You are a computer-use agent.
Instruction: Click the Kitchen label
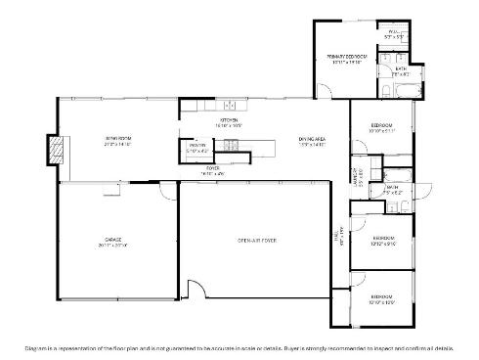pyautogui.click(x=230, y=119)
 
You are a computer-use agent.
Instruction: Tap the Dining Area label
pyautogui.click(x=312, y=140)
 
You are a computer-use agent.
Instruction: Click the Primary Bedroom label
pyautogui.click(x=346, y=58)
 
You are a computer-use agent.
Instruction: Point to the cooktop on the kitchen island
pyautogui.click(x=231, y=147)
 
